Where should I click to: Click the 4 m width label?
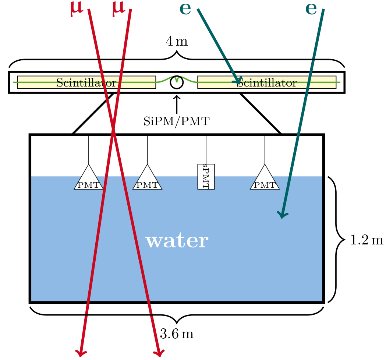click(x=177, y=42)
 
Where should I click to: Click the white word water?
click(x=177, y=241)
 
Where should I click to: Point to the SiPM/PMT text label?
click(x=177, y=121)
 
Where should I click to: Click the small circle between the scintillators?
click(x=177, y=82)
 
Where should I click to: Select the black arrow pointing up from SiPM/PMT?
click(x=177, y=104)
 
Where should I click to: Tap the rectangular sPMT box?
click(x=206, y=176)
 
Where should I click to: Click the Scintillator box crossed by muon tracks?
click(x=86, y=82)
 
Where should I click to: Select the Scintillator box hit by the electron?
click(x=267, y=82)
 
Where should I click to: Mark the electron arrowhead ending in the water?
click(x=282, y=215)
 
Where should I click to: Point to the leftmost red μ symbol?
click(x=77, y=9)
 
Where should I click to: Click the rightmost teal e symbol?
click(x=311, y=8)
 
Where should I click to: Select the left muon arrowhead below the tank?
click(x=81, y=353)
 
